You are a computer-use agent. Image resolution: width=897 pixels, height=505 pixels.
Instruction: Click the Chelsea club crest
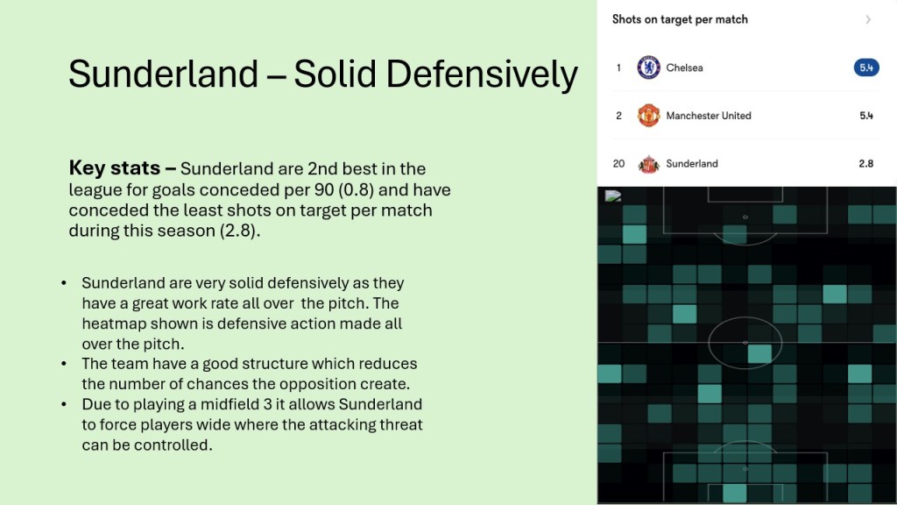tap(649, 68)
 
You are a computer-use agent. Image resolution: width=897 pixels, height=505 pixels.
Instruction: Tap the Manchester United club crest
tap(649, 116)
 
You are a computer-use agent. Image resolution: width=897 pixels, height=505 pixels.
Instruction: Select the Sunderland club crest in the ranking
tap(649, 164)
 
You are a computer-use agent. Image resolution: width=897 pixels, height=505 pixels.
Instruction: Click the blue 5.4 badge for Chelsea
tap(866, 68)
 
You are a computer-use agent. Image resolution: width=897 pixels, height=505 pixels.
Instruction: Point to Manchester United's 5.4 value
tap(866, 116)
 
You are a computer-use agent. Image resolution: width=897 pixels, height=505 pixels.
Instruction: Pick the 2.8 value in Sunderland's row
tap(866, 164)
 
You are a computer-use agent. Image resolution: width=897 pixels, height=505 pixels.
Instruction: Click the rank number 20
tap(618, 164)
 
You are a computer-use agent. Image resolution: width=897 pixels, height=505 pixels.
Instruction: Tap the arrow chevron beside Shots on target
tap(868, 20)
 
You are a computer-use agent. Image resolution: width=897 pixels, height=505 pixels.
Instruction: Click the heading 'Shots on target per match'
tap(680, 19)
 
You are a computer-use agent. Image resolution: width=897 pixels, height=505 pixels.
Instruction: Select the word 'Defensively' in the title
tap(482, 75)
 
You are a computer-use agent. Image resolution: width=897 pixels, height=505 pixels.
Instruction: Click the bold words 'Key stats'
tap(115, 167)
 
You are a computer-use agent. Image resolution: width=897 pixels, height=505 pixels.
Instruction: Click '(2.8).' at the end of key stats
tap(240, 231)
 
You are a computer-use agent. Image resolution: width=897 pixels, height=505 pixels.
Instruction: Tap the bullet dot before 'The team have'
tap(63, 364)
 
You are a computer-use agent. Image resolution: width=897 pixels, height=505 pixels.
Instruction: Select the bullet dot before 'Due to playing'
tap(63, 404)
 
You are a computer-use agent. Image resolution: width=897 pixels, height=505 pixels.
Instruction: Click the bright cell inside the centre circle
tap(759, 354)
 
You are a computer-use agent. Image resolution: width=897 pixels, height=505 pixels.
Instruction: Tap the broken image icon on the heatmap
tap(612, 196)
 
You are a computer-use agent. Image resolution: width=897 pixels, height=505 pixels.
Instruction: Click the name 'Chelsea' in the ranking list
tap(684, 68)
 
